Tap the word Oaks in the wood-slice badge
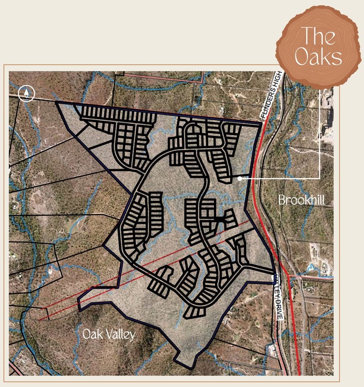click(319, 58)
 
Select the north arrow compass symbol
click(27, 93)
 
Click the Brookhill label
click(301, 200)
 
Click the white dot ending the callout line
click(240, 178)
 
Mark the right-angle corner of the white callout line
click(320, 178)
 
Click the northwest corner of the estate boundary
click(56, 103)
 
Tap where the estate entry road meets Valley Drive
click(274, 272)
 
